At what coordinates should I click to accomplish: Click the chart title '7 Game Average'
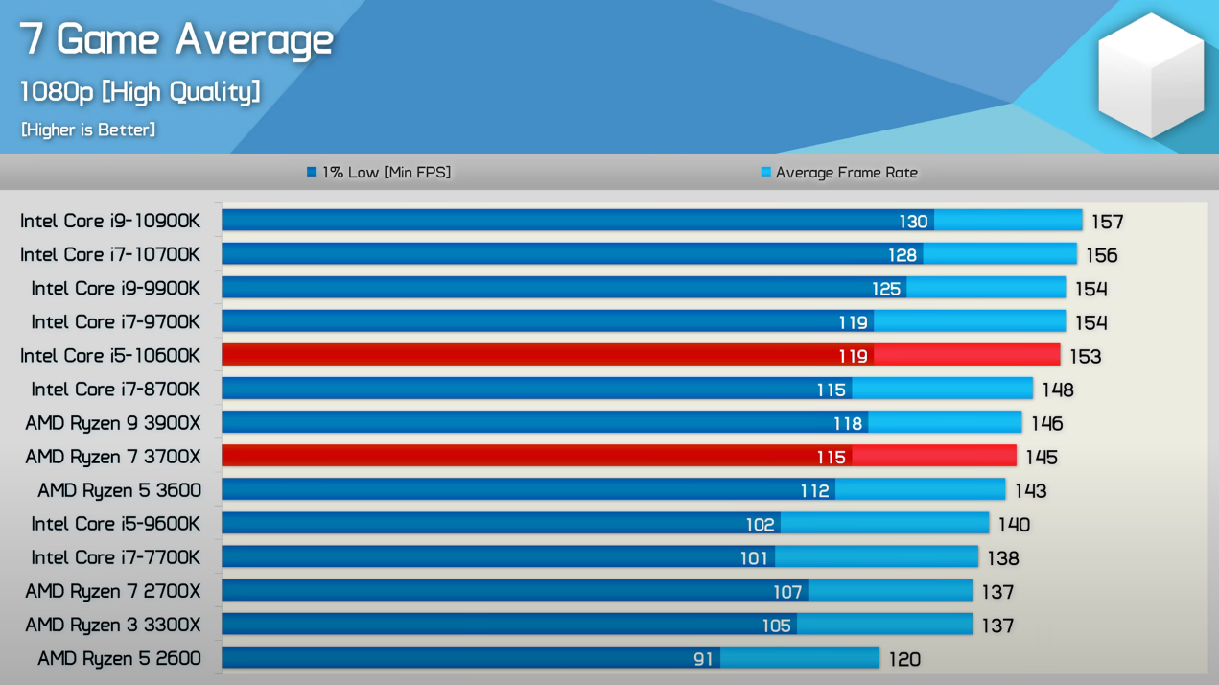[177, 39]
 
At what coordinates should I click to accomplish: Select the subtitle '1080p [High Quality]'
[140, 92]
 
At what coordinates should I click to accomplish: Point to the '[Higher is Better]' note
[88, 130]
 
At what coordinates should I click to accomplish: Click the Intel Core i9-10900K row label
[110, 221]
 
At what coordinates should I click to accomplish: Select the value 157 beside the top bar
[1107, 222]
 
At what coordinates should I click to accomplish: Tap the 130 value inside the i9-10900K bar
[913, 222]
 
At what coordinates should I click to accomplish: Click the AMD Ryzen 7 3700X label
[113, 457]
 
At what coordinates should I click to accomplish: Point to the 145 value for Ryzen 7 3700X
[1041, 457]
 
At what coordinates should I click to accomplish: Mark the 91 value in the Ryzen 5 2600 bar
[703, 659]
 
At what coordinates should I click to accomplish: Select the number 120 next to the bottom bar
[904, 659]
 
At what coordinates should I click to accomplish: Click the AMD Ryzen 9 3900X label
[113, 423]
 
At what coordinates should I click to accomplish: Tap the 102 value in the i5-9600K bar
[760, 525]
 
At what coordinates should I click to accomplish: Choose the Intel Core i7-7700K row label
[115, 557]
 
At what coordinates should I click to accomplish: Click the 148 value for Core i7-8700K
[1057, 390]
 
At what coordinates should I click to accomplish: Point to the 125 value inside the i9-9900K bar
[886, 289]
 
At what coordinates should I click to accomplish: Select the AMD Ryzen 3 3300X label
[113, 625]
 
